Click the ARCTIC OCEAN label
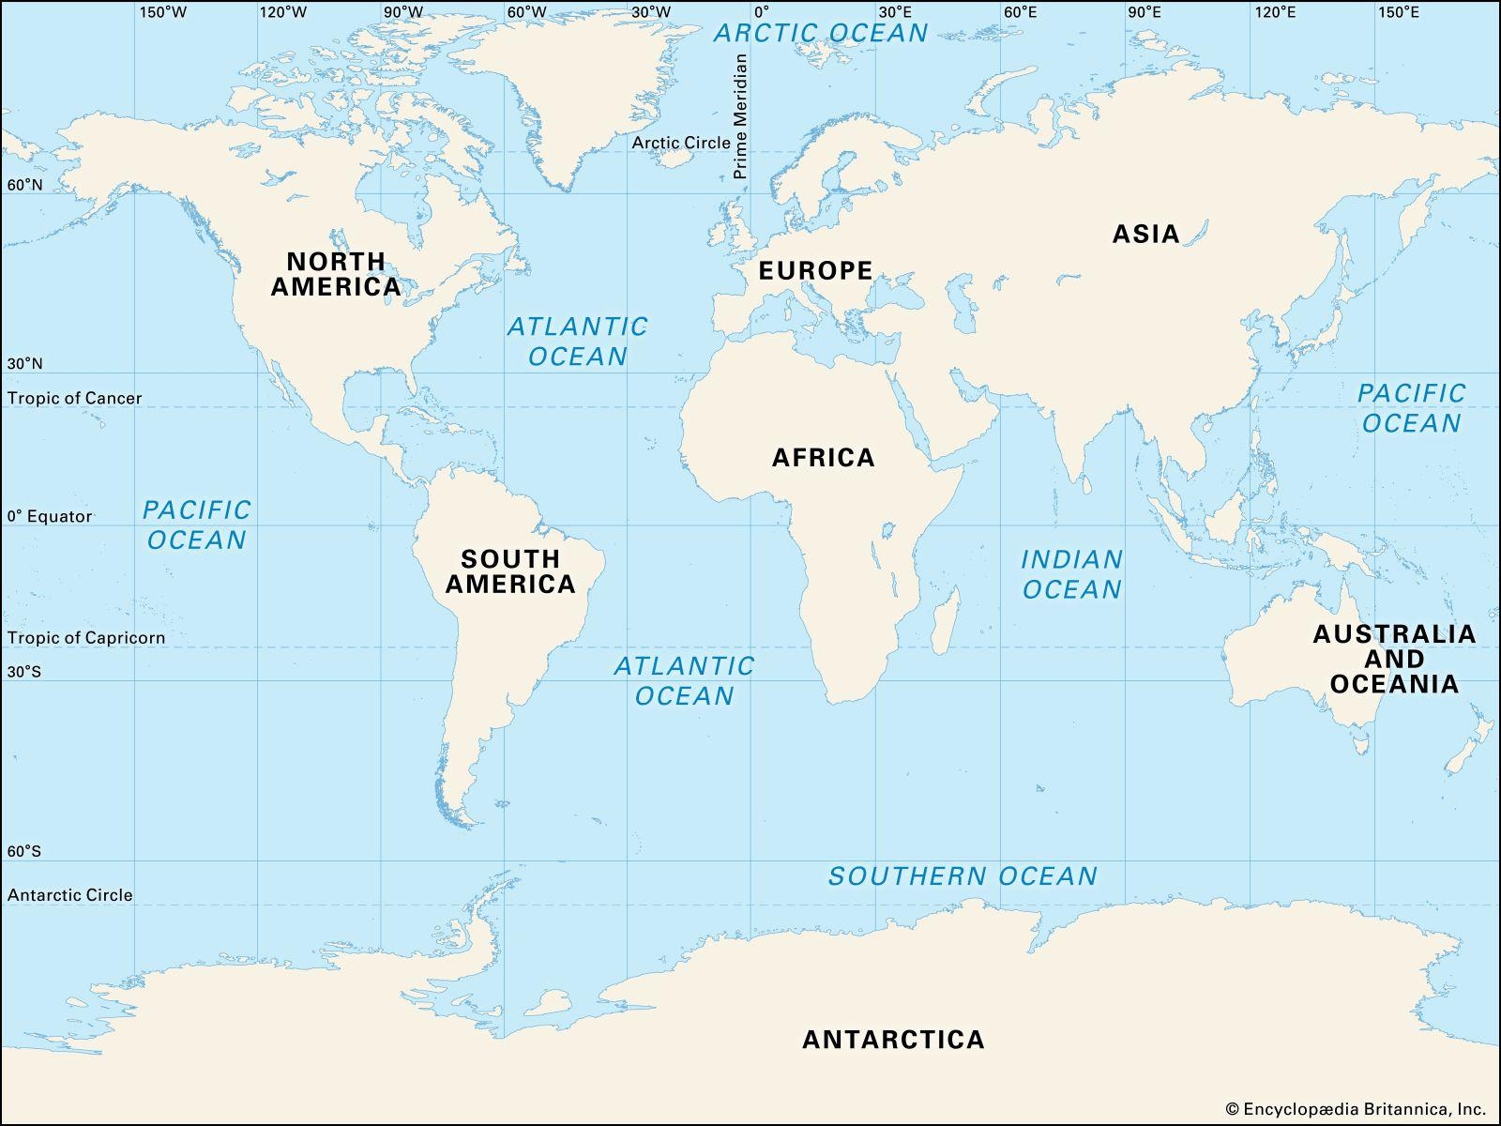click(821, 33)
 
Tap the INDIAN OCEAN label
click(1071, 574)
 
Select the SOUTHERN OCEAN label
click(963, 876)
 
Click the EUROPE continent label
click(815, 271)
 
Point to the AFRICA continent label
click(823, 458)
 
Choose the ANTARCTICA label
click(893, 1040)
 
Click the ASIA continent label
click(1145, 234)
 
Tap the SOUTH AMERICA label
click(510, 571)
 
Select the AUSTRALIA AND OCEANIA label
click(1394, 659)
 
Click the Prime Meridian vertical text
click(740, 116)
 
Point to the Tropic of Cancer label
click(75, 398)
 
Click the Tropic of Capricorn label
click(86, 638)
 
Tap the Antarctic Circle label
click(70, 895)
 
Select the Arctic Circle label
click(680, 143)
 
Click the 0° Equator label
click(51, 516)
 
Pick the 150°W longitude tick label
click(162, 12)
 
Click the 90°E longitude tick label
click(1145, 12)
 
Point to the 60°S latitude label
click(24, 852)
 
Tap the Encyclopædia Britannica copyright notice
click(1356, 1109)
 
